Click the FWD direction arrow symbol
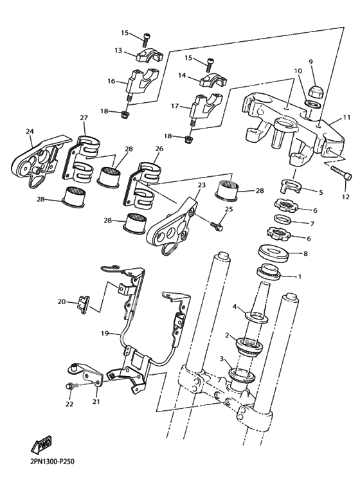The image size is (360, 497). click(41, 445)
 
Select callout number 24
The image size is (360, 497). click(30, 131)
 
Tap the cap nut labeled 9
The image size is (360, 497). click(314, 92)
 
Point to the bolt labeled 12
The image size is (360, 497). click(341, 173)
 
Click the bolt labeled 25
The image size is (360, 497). click(217, 226)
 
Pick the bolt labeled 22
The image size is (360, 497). click(69, 386)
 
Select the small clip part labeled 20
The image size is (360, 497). click(84, 304)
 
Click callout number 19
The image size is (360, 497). click(105, 333)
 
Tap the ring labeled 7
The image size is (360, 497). click(283, 219)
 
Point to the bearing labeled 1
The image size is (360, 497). click(268, 272)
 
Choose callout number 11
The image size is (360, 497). click(346, 118)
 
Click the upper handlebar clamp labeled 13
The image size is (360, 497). click(150, 55)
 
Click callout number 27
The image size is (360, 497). click(84, 118)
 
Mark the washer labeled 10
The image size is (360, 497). click(313, 104)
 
